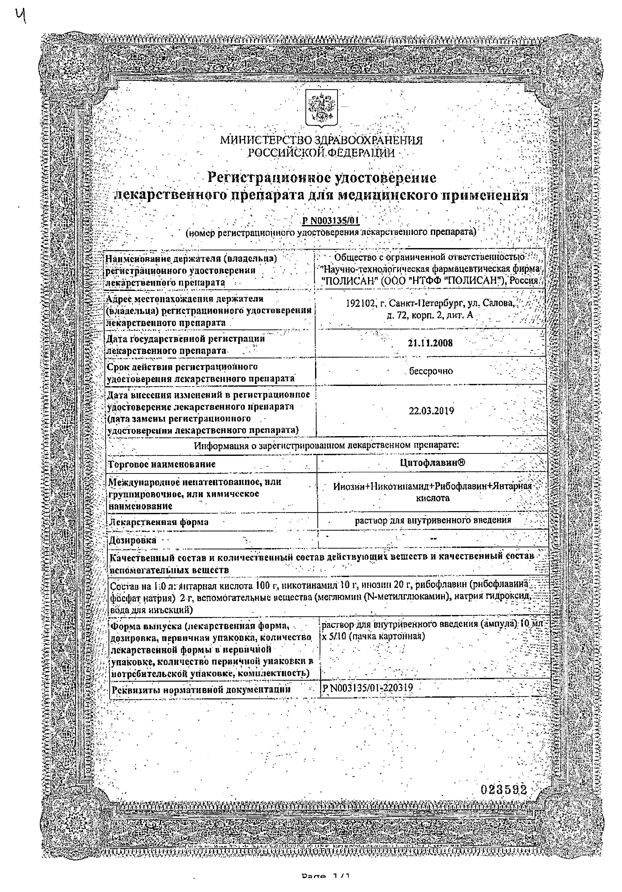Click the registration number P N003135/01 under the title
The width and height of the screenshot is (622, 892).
point(331,221)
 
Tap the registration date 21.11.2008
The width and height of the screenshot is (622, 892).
point(430,343)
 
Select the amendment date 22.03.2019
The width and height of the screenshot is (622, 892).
point(431,411)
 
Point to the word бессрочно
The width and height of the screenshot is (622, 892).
point(431,371)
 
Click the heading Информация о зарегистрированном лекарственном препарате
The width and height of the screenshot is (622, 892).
point(326,445)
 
